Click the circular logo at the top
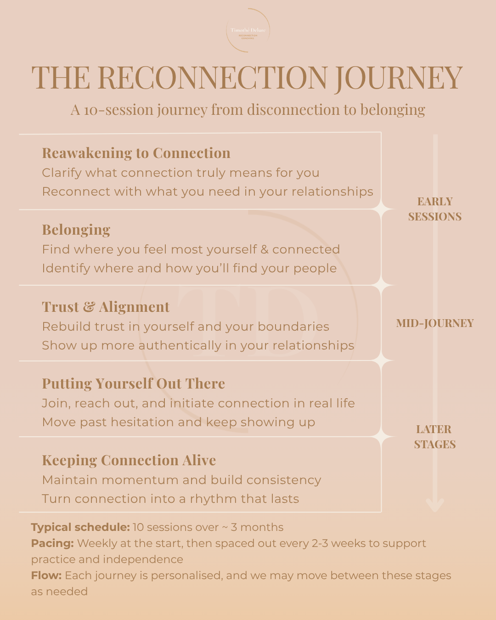pos(248,31)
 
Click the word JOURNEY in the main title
pos(398,78)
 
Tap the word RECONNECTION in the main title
pos(212,78)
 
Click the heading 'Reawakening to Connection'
pos(136,153)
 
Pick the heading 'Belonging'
pos(76,230)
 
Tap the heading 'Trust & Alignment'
pos(106,307)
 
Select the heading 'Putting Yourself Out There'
pos(133,383)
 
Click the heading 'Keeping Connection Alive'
pos(129,460)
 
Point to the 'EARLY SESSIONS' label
pos(435,209)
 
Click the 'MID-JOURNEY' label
pos(435,323)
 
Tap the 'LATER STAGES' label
pos(434,437)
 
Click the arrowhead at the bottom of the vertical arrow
pos(435,505)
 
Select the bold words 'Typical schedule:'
pos(80,527)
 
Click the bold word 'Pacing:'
pos(52,543)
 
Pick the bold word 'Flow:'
pos(46,575)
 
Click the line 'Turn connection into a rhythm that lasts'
pos(170,499)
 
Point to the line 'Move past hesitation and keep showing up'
pos(178,422)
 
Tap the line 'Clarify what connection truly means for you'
pos(180,173)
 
